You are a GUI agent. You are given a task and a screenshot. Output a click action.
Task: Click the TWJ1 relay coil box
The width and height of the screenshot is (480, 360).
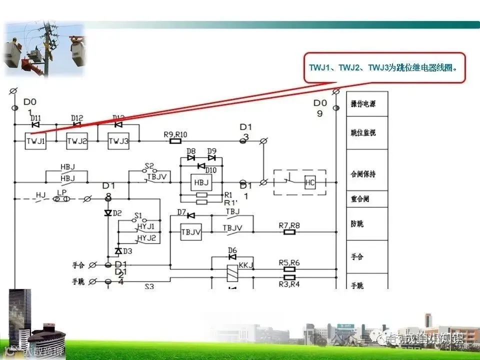click(35, 141)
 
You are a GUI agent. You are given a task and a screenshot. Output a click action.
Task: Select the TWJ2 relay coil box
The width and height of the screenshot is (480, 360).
click(77, 141)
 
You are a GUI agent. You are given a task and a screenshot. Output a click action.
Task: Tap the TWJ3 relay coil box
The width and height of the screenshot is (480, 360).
click(118, 141)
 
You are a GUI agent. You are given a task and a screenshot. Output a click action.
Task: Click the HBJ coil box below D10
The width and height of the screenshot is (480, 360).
click(201, 182)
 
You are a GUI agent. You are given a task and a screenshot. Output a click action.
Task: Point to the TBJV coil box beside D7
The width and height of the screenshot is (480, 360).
click(190, 231)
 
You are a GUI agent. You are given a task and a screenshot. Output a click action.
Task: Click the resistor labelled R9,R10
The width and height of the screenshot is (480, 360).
click(175, 141)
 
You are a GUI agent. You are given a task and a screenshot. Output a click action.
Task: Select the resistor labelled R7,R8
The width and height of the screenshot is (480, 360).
click(289, 232)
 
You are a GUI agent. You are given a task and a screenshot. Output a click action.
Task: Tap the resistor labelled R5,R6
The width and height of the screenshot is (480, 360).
click(289, 268)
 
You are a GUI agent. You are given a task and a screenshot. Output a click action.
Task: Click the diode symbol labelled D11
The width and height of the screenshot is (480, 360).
click(35, 124)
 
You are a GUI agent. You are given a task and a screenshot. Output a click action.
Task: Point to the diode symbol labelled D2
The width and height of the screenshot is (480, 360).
click(107, 213)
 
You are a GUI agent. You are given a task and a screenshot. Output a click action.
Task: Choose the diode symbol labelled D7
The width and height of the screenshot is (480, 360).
click(190, 215)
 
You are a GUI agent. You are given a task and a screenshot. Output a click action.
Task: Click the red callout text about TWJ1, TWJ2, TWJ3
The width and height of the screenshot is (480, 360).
click(384, 67)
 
